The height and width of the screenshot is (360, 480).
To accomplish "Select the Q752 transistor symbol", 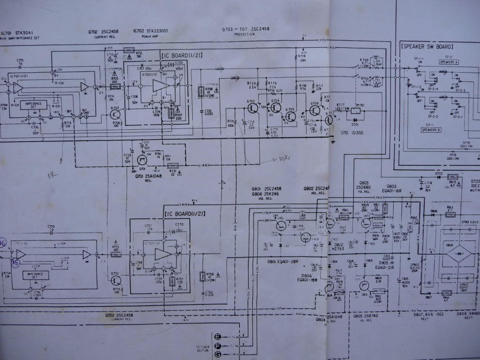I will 116,280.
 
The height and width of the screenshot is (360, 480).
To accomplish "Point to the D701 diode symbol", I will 355,120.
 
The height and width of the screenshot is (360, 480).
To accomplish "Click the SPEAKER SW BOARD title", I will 427,46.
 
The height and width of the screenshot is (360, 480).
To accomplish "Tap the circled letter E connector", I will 217,337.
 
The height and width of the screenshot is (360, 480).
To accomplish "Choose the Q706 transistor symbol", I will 315,110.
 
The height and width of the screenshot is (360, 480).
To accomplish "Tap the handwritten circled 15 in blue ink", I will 16,262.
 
